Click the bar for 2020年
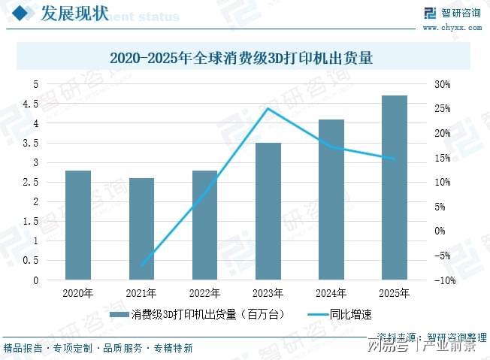pyautogui.click(x=78, y=225)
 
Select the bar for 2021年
pyautogui.click(x=141, y=229)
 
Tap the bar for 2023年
pyautogui.click(x=268, y=211)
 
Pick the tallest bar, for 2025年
pyautogui.click(x=394, y=188)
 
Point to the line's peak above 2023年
pyautogui.click(x=268, y=108)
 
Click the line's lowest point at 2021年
pyautogui.click(x=141, y=265)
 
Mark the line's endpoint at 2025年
pyautogui.click(x=394, y=159)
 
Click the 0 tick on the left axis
pyautogui.click(x=35, y=280)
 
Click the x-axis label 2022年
pyautogui.click(x=204, y=293)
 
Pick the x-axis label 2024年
pyautogui.click(x=331, y=293)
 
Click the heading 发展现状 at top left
pyautogui.click(x=73, y=13)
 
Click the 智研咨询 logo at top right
pyautogui.click(x=451, y=13)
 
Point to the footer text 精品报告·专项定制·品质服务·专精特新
pyautogui.click(x=98, y=348)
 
